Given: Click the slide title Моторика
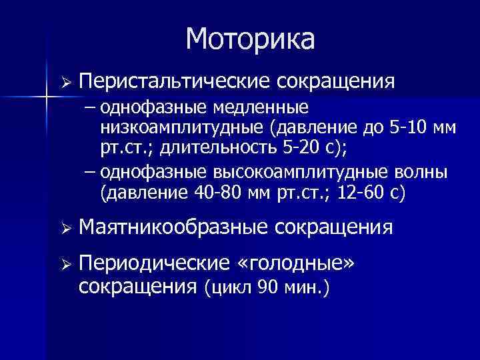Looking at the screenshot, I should [x=250, y=39].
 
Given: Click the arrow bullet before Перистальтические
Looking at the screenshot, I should [x=65, y=82].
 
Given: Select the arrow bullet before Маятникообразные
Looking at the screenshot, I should [x=65, y=229].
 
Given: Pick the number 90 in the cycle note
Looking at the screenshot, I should [x=265, y=288].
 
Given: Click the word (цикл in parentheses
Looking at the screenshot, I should [x=227, y=288].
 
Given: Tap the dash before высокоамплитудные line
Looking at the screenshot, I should [x=90, y=173].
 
